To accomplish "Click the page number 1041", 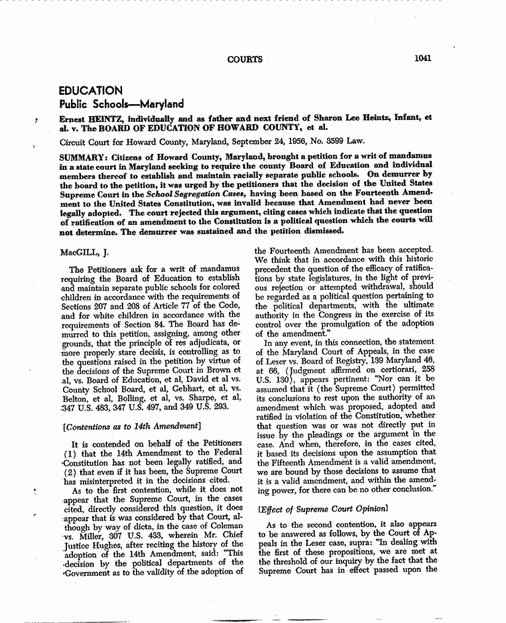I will (x=422, y=58).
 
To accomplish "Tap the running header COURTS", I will (x=245, y=59).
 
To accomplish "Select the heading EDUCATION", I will (x=90, y=90).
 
